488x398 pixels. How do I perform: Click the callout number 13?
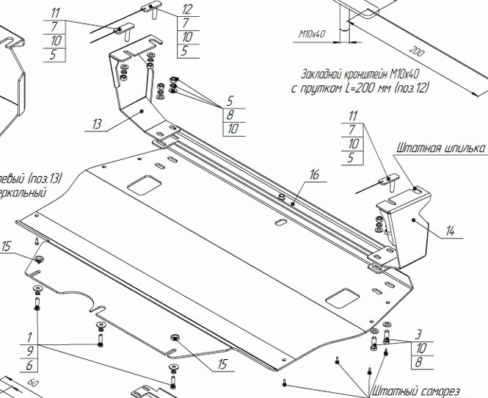(98, 124)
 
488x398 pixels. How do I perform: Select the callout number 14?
(450, 231)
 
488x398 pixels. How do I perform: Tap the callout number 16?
(315, 176)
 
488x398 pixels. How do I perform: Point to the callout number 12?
(186, 10)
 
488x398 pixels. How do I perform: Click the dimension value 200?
(417, 54)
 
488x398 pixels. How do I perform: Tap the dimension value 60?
(32, 384)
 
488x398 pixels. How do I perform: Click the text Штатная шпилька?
(440, 148)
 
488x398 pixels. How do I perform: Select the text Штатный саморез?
(415, 391)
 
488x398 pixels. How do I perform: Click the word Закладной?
(325, 75)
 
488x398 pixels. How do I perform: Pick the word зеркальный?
(22, 192)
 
